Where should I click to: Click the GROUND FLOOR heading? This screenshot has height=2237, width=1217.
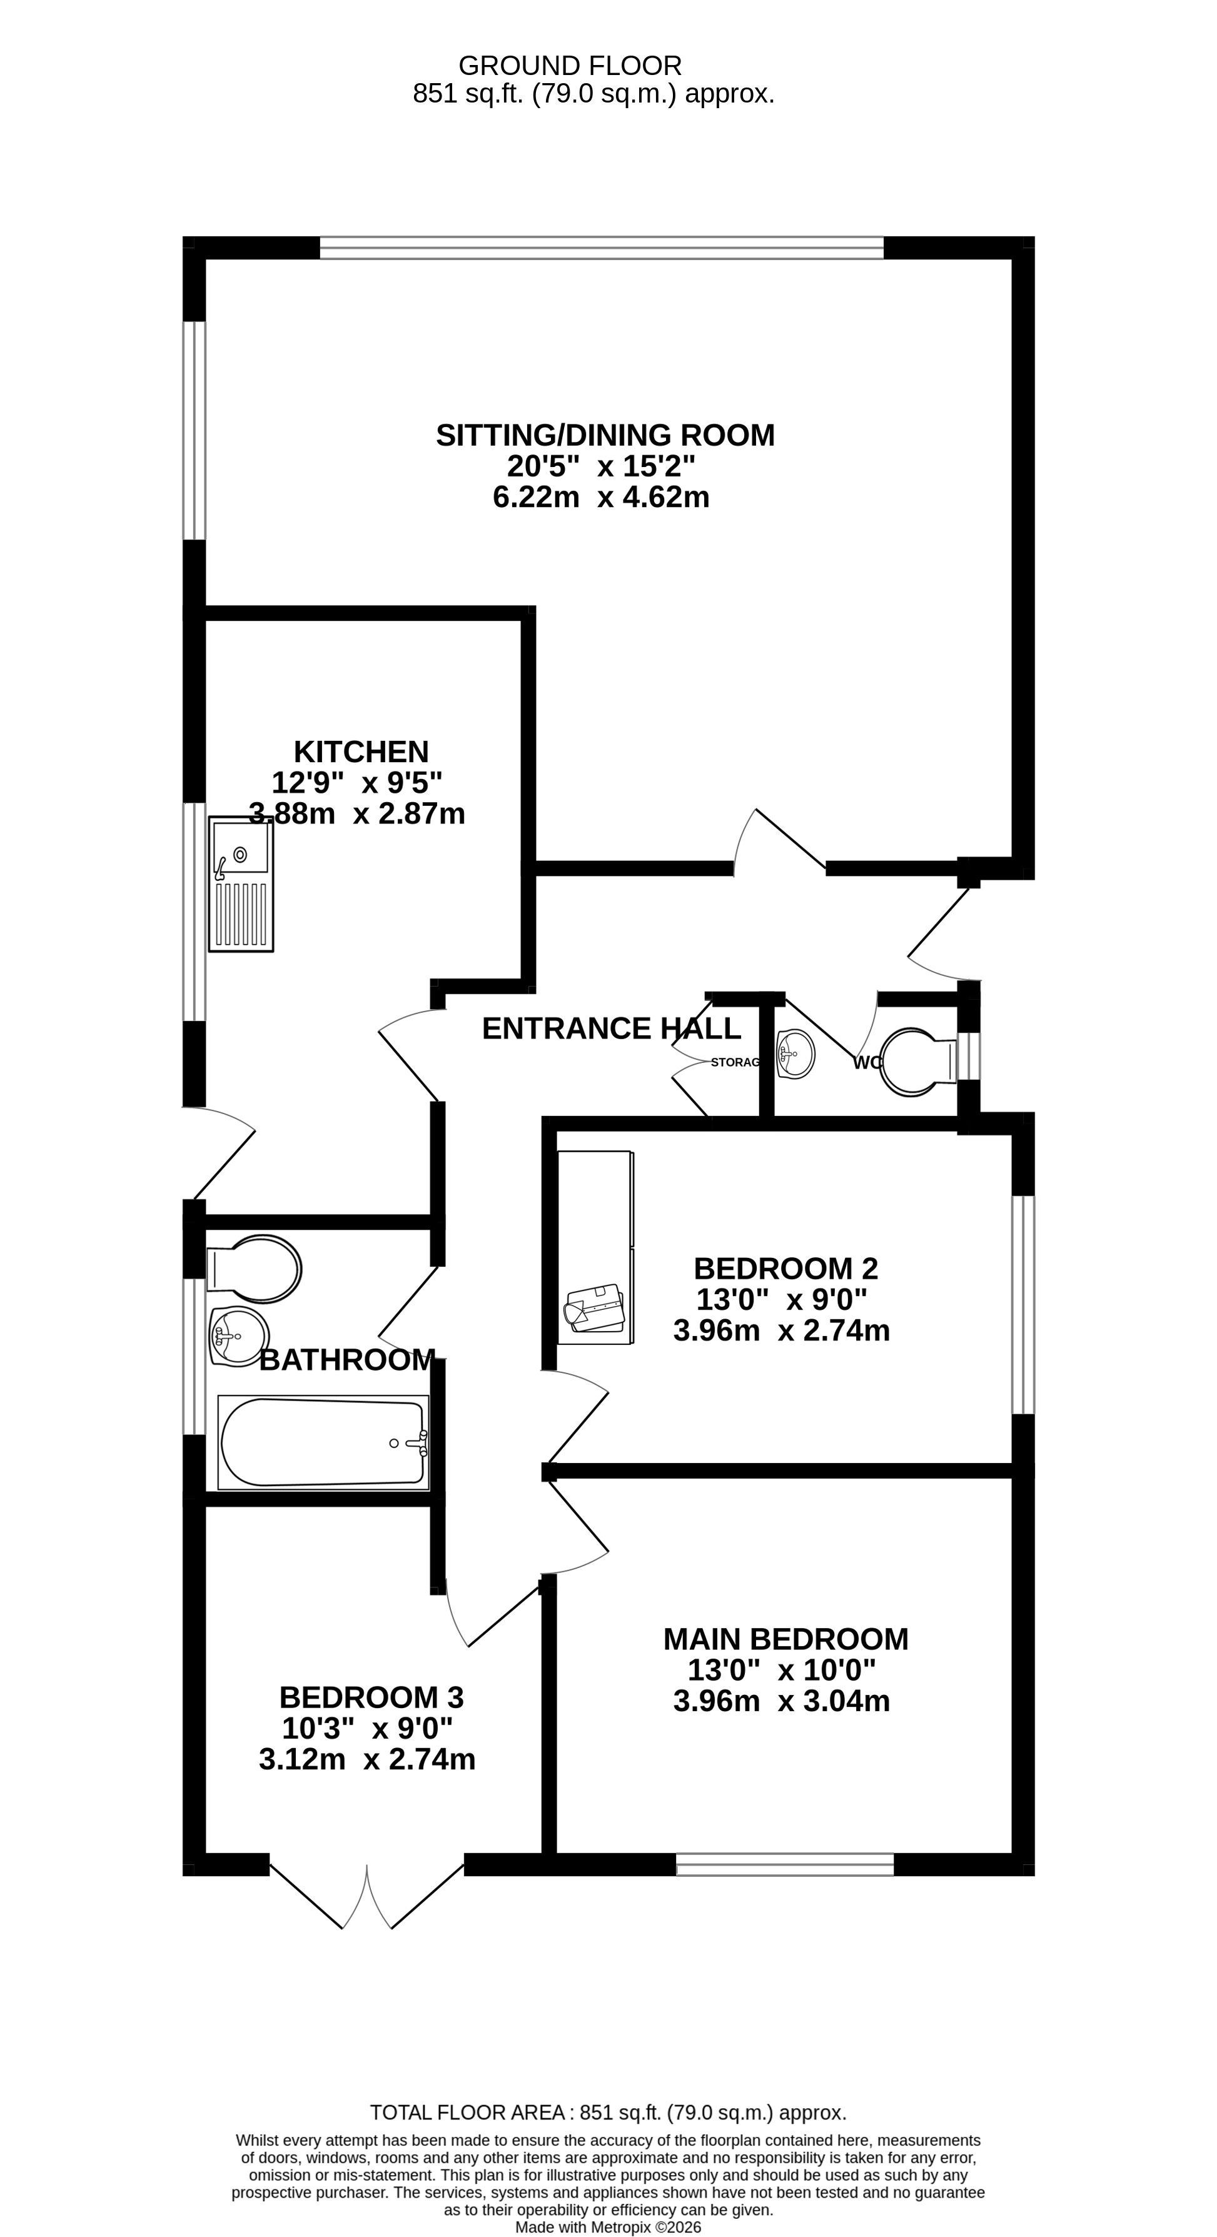570,66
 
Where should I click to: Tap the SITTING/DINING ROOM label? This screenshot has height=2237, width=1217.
605,435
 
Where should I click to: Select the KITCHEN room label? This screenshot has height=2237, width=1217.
361,751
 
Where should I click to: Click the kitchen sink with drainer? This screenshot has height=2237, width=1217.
241,884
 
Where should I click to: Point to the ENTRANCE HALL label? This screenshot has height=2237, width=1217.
612,1028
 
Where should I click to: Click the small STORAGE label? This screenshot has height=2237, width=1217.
735,1062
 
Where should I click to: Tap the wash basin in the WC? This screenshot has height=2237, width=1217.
795,1053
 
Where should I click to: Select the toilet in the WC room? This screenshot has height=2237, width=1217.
918,1062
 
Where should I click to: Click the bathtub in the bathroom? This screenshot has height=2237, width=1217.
323,1442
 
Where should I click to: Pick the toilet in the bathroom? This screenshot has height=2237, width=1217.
255,1269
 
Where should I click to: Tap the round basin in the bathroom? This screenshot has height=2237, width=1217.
238,1335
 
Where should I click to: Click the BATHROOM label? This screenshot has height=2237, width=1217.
348,1360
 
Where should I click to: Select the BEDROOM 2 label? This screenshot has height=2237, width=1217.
786,1269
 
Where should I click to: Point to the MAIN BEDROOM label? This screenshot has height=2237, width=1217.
786,1639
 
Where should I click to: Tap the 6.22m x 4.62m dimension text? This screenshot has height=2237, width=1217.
601,498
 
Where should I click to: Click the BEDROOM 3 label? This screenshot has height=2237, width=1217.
371,1697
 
